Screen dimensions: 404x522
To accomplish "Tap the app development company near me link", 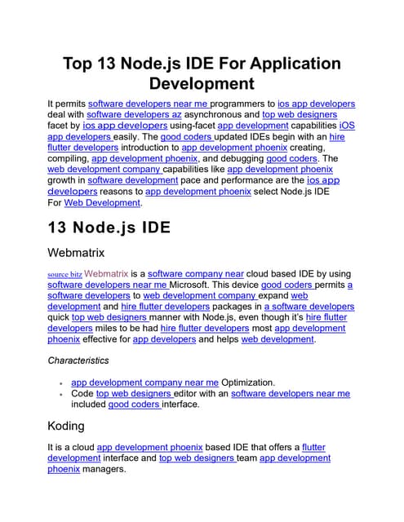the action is point(144,382).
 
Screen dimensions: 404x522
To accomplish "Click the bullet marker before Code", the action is point(62,394).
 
